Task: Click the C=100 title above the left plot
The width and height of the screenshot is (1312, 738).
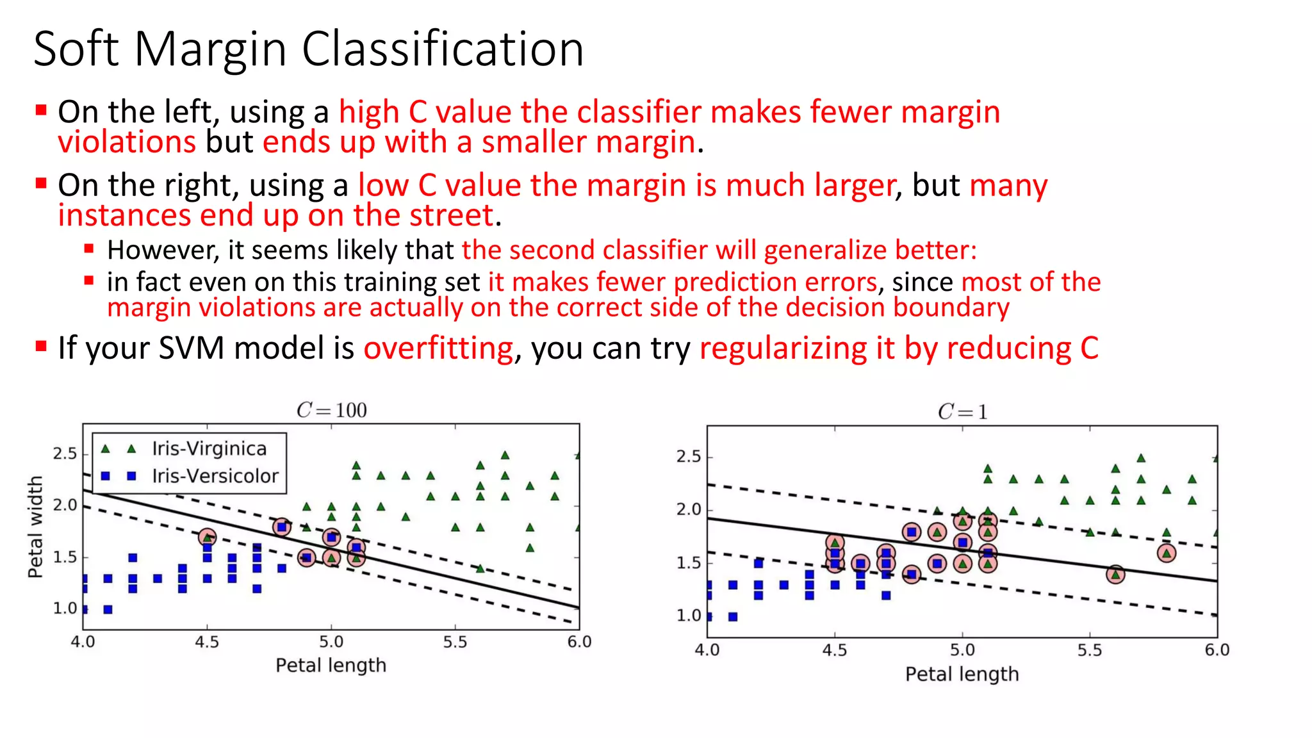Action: click(x=331, y=410)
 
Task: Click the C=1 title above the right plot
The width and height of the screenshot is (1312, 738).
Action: click(x=962, y=412)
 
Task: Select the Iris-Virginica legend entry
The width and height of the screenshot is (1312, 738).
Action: click(x=209, y=448)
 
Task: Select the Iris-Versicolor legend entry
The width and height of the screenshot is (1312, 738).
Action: click(x=215, y=476)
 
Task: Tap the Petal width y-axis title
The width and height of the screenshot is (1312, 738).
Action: click(x=35, y=527)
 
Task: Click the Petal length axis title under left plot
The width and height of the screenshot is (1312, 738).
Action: click(x=331, y=665)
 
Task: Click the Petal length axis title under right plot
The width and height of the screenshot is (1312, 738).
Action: click(x=962, y=674)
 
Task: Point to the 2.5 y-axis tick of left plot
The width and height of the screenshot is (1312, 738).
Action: click(x=64, y=454)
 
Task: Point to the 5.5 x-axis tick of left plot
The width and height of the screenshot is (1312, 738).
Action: click(x=455, y=642)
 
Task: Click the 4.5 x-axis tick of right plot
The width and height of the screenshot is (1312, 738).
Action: click(x=834, y=650)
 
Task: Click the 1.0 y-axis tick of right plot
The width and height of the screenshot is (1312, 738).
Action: click(x=689, y=616)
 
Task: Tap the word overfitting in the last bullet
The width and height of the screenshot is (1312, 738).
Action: click(x=438, y=348)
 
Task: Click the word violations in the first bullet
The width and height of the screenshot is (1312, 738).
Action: click(x=126, y=142)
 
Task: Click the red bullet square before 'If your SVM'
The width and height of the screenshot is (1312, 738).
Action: click(x=42, y=347)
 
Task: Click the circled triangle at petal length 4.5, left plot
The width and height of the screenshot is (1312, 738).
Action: click(x=207, y=537)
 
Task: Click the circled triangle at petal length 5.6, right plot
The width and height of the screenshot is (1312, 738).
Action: click(x=1115, y=574)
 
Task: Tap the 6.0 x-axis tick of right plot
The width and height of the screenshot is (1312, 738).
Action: click(x=1217, y=650)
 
